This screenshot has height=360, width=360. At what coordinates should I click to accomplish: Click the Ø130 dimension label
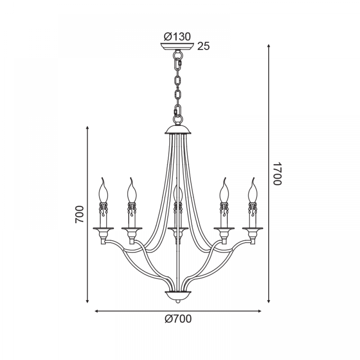pyautogui.click(x=177, y=37)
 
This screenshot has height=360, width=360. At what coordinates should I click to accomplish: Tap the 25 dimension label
pyautogui.click(x=204, y=46)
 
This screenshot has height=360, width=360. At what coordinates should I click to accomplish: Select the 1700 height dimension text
pyautogui.click(x=277, y=174)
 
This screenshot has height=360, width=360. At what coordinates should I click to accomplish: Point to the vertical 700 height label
pyautogui.click(x=80, y=214)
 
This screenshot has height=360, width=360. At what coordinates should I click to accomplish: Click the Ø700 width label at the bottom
pyautogui.click(x=178, y=319)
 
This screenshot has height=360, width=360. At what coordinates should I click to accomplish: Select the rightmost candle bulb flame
pyautogui.click(x=253, y=190)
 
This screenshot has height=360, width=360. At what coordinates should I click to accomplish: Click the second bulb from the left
pyautogui.click(x=131, y=190)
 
